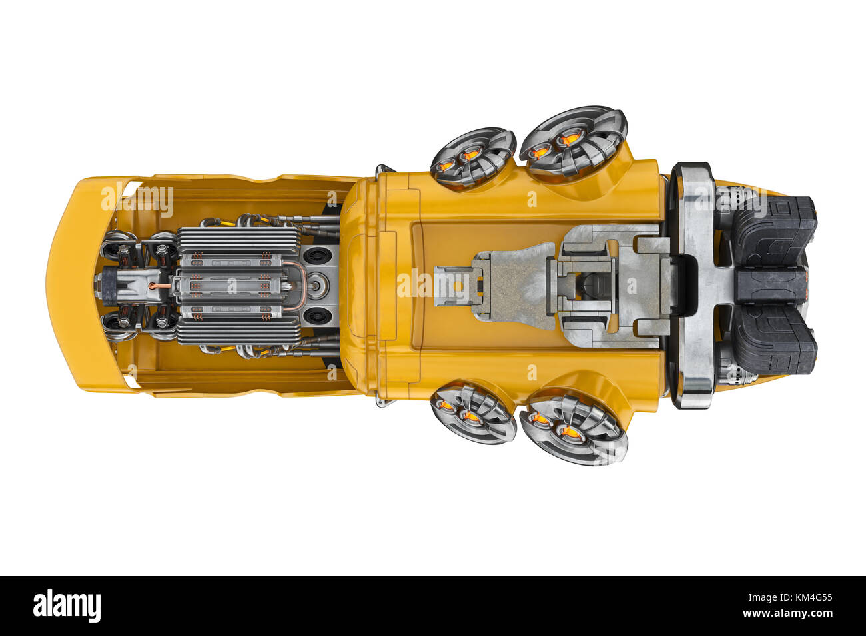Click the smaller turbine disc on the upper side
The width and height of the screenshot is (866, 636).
(472, 157)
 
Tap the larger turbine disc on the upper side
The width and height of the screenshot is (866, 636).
(573, 142)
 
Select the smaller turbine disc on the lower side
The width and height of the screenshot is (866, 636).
(472, 413)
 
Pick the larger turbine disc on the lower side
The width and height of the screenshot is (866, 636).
(573, 429)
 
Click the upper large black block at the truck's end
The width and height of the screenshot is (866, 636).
(775, 230)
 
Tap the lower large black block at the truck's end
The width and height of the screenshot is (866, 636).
(775, 340)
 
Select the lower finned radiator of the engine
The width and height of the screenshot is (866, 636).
(238, 331)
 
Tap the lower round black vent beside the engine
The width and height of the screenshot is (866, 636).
(318, 315)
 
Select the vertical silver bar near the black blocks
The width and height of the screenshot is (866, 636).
(695, 285)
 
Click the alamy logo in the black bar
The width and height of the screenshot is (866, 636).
(67, 606)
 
